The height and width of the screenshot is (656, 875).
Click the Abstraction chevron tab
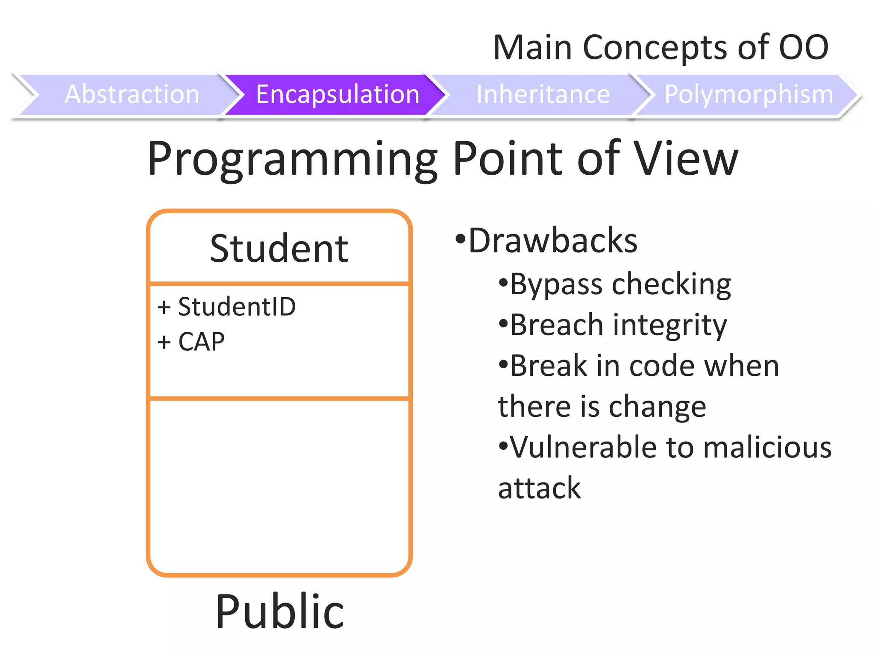(x=132, y=94)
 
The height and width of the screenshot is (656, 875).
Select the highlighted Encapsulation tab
(x=338, y=94)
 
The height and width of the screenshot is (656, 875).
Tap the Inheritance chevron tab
(x=543, y=94)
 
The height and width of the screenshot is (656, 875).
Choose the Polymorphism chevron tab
(x=749, y=94)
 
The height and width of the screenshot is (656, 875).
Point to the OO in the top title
(x=803, y=47)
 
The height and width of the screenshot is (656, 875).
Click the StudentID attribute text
(x=237, y=307)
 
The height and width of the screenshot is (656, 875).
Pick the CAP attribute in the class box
(x=201, y=342)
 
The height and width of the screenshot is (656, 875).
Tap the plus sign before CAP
(x=164, y=343)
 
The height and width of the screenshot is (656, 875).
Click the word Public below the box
(x=279, y=612)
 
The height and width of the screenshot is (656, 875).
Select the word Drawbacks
(x=553, y=241)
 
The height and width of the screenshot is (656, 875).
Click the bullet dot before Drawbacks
(x=460, y=238)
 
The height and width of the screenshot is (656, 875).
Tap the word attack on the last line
(x=539, y=488)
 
